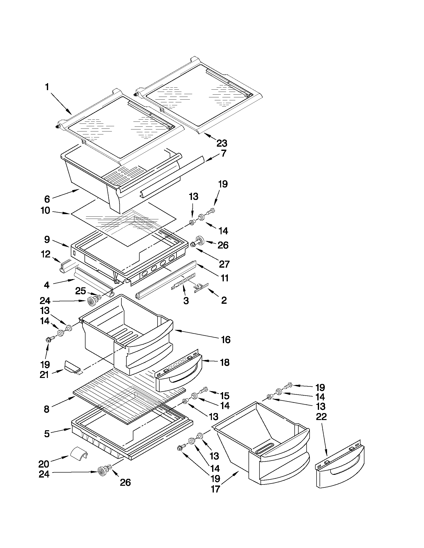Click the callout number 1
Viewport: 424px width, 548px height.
(47, 87)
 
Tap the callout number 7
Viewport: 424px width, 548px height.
(223, 153)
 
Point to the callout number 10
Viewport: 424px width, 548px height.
(45, 211)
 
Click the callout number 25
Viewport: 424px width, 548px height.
(80, 291)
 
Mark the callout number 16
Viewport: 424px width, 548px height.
(226, 340)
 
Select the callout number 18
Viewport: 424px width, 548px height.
(225, 362)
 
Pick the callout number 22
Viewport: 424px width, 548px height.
(321, 417)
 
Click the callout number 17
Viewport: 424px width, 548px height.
(216, 489)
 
